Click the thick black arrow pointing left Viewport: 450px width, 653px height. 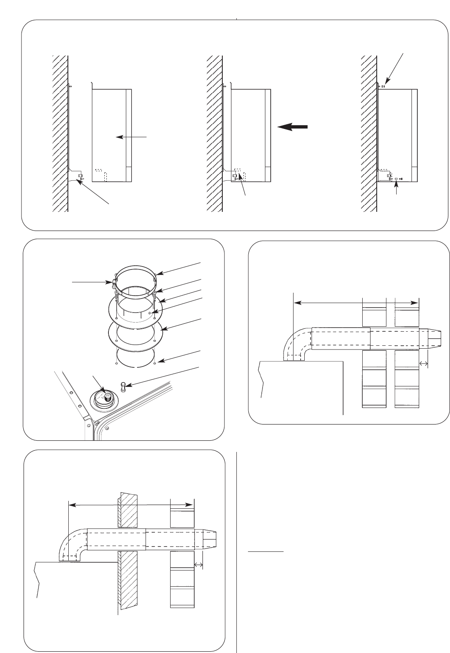(x=292, y=127)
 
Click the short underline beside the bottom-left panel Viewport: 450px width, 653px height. (x=265, y=552)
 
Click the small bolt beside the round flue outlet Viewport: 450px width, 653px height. (x=123, y=387)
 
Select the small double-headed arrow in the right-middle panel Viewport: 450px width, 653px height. (x=424, y=364)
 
